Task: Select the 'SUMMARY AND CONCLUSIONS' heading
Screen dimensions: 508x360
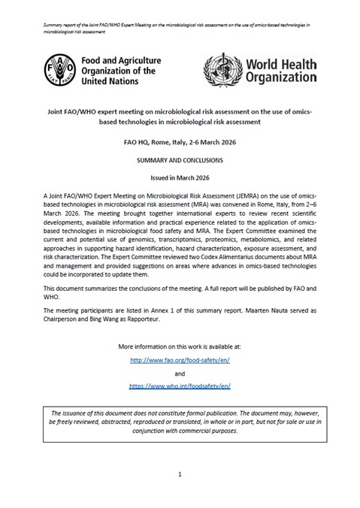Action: [x=180, y=161]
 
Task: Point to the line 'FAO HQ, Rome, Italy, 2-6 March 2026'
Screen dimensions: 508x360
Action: [x=180, y=141]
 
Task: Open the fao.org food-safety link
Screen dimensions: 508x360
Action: [x=180, y=360]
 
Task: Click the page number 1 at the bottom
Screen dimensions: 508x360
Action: [x=180, y=474]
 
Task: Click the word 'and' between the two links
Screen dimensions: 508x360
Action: [x=180, y=373]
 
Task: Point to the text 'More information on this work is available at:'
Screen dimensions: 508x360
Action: [x=180, y=347]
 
